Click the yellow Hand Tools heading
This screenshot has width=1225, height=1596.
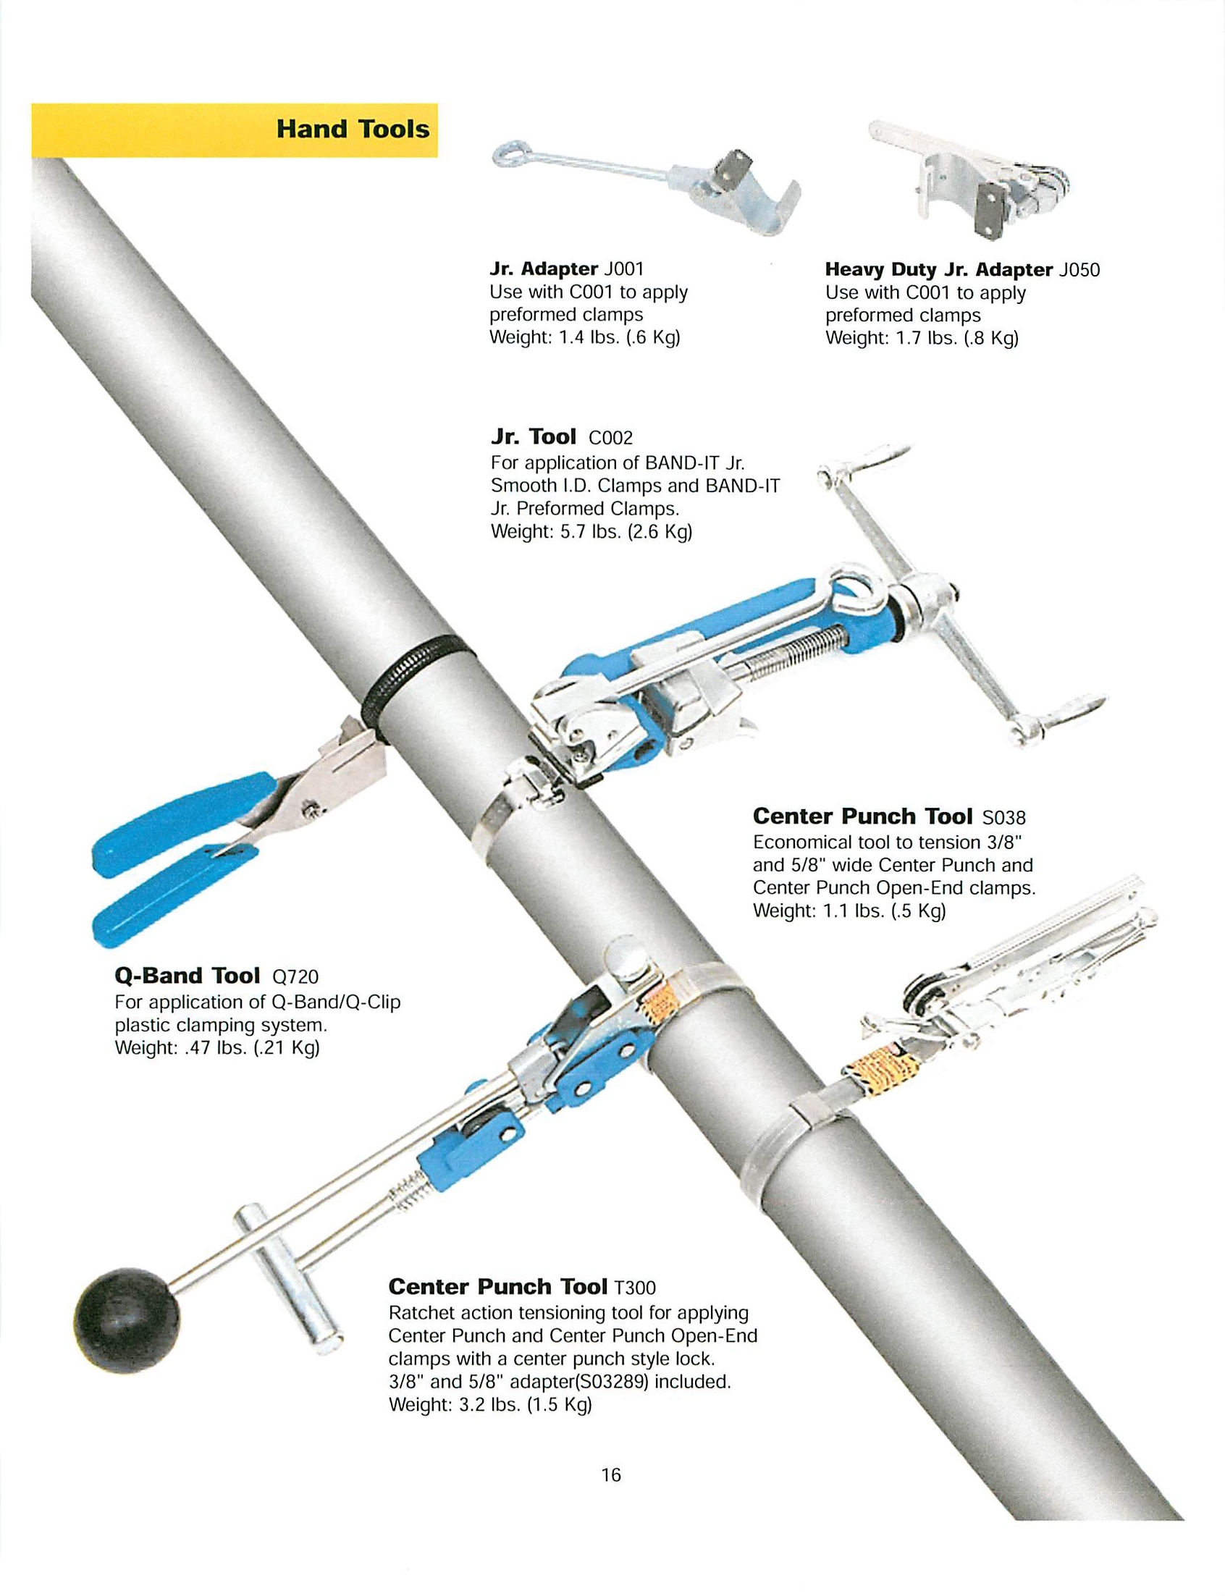(352, 130)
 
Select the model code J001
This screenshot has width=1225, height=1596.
(623, 269)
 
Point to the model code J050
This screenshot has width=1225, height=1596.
(1079, 270)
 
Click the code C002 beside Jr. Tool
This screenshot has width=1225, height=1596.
(610, 438)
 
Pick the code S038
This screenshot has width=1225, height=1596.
(1003, 817)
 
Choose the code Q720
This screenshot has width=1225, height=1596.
(295, 976)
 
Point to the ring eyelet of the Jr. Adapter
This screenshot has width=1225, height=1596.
(505, 153)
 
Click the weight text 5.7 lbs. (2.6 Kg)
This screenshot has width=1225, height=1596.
(626, 531)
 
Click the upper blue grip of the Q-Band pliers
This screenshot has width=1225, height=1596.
(182, 824)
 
